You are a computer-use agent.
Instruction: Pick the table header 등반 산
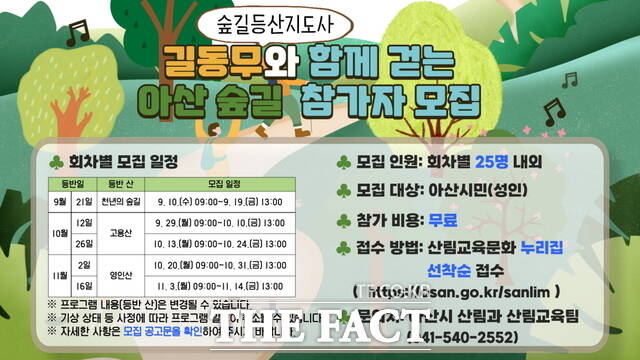coord(120,184)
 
